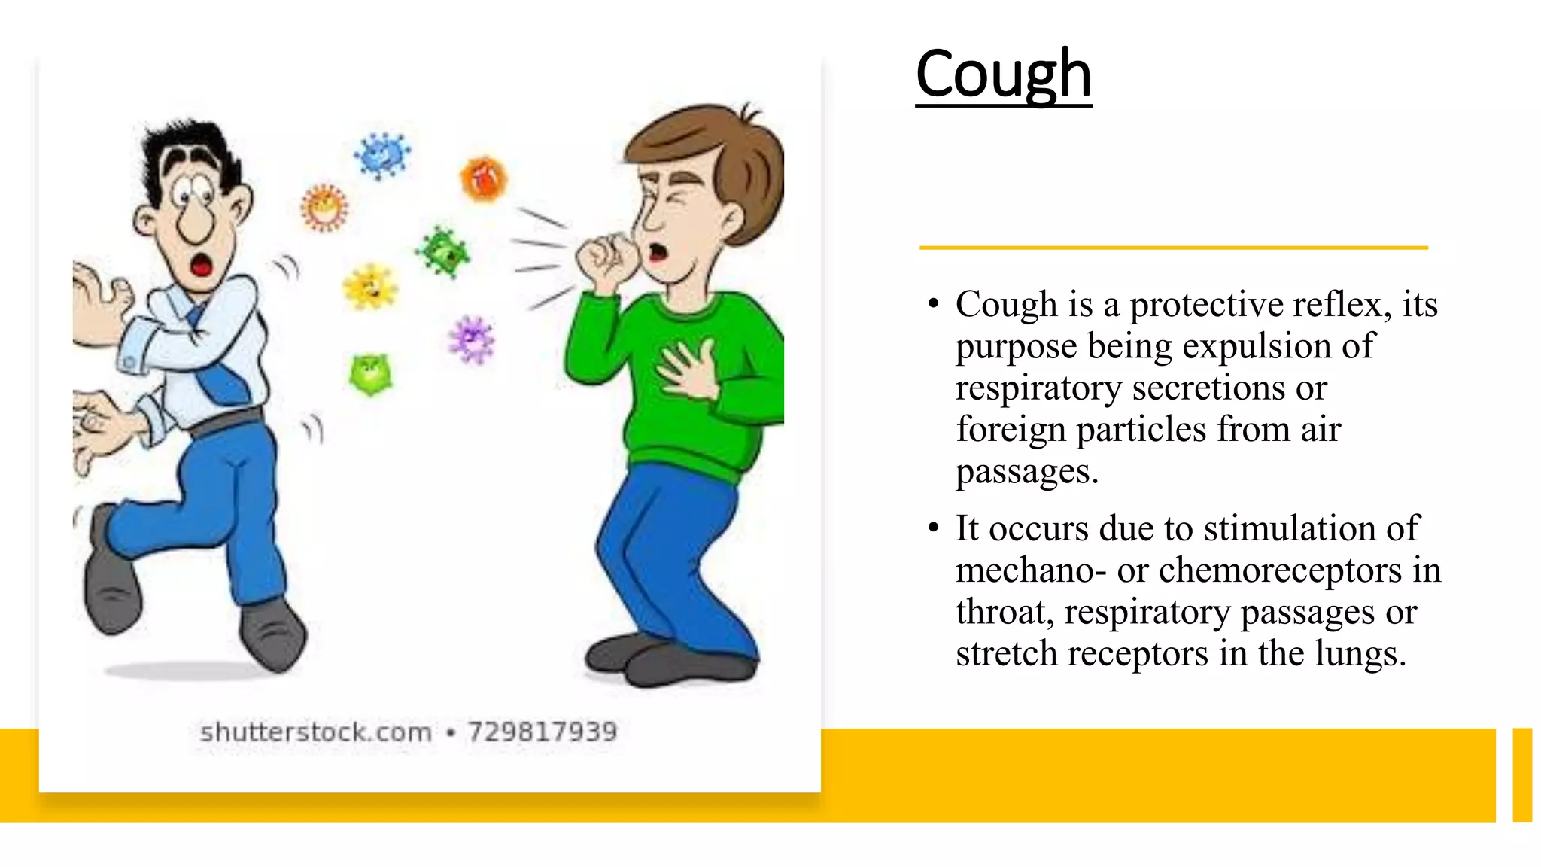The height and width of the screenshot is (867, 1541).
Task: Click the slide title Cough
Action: point(1003,75)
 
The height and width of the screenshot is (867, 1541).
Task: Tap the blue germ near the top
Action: point(382,155)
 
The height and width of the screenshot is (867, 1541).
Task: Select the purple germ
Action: point(472,339)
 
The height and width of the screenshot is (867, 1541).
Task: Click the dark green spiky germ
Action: point(443,252)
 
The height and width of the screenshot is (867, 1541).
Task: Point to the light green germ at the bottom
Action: point(370,374)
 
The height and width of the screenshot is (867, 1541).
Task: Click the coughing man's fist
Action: point(606,260)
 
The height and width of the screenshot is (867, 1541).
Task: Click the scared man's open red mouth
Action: point(201,265)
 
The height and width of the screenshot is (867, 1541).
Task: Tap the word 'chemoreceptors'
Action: point(1280,570)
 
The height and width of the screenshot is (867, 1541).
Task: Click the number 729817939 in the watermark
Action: point(542,732)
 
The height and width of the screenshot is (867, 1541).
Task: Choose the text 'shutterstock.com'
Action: point(316,732)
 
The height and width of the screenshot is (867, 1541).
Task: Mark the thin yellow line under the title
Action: point(1173,247)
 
